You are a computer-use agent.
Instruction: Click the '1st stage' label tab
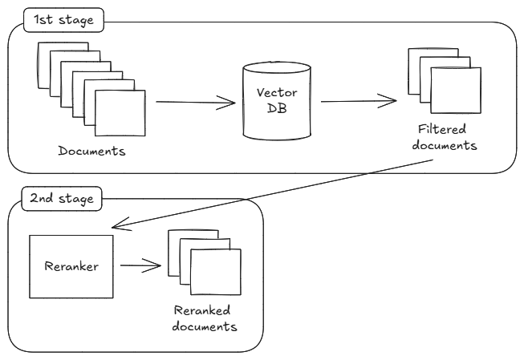[64, 19]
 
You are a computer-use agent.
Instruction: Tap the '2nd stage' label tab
[60, 197]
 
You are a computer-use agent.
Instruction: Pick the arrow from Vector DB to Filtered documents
[357, 102]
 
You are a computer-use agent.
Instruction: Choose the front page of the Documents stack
[120, 114]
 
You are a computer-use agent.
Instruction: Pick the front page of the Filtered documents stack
[457, 90]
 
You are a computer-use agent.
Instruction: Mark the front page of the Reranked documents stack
[216, 273]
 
